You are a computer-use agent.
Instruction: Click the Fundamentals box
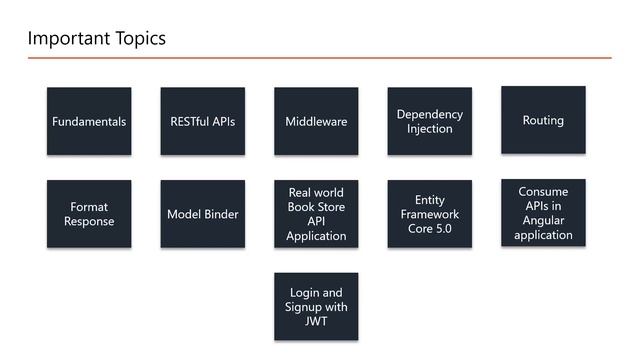coord(89,121)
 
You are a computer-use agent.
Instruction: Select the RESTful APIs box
coord(203,121)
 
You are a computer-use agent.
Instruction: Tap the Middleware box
coord(316,121)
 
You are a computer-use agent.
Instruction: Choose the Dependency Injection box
coord(430,121)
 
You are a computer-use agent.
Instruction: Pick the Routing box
coord(543,120)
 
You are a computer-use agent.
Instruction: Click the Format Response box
coord(89,214)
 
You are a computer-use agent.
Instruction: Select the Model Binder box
coord(203,214)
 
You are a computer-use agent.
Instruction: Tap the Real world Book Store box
coord(316,214)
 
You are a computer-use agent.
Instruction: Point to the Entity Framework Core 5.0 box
coord(430,214)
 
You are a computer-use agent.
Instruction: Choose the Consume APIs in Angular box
coord(543,213)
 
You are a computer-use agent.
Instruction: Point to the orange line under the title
coord(320,58)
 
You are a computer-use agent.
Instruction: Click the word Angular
coord(543,220)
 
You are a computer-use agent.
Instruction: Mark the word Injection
coord(430,129)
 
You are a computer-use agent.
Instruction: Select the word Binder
coord(221,214)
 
